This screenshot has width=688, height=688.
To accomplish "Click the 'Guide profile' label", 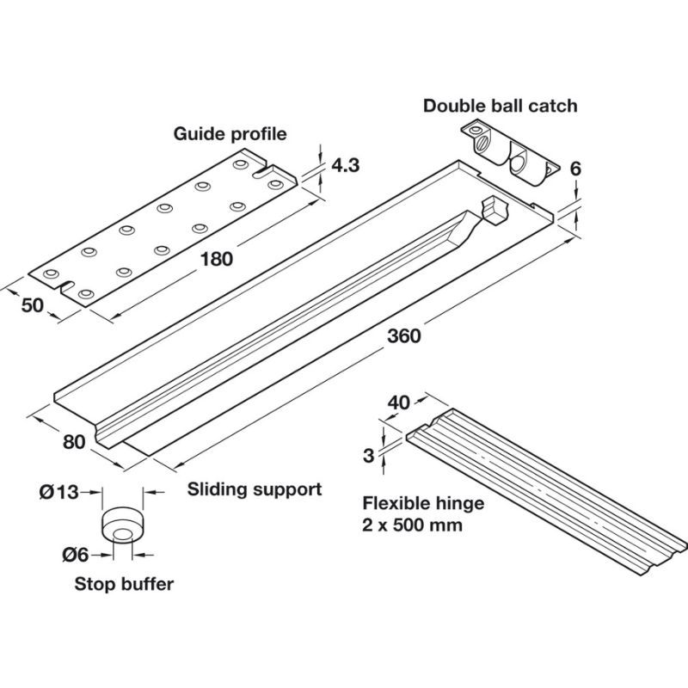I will click(230, 134).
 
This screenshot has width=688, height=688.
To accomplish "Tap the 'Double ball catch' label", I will click(500, 106).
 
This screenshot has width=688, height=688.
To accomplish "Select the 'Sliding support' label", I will click(255, 489).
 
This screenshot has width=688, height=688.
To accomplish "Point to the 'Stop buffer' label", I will click(124, 584).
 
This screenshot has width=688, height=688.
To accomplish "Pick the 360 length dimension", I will click(404, 335).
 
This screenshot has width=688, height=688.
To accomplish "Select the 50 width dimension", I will click(33, 306).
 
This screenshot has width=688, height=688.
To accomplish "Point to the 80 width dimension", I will click(74, 441).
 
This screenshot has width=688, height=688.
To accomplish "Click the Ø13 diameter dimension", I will click(58, 492).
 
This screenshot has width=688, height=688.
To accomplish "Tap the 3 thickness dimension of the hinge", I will click(368, 456).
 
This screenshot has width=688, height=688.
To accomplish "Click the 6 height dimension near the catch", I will click(576, 169).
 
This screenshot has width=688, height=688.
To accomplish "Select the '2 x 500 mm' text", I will click(412, 524).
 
